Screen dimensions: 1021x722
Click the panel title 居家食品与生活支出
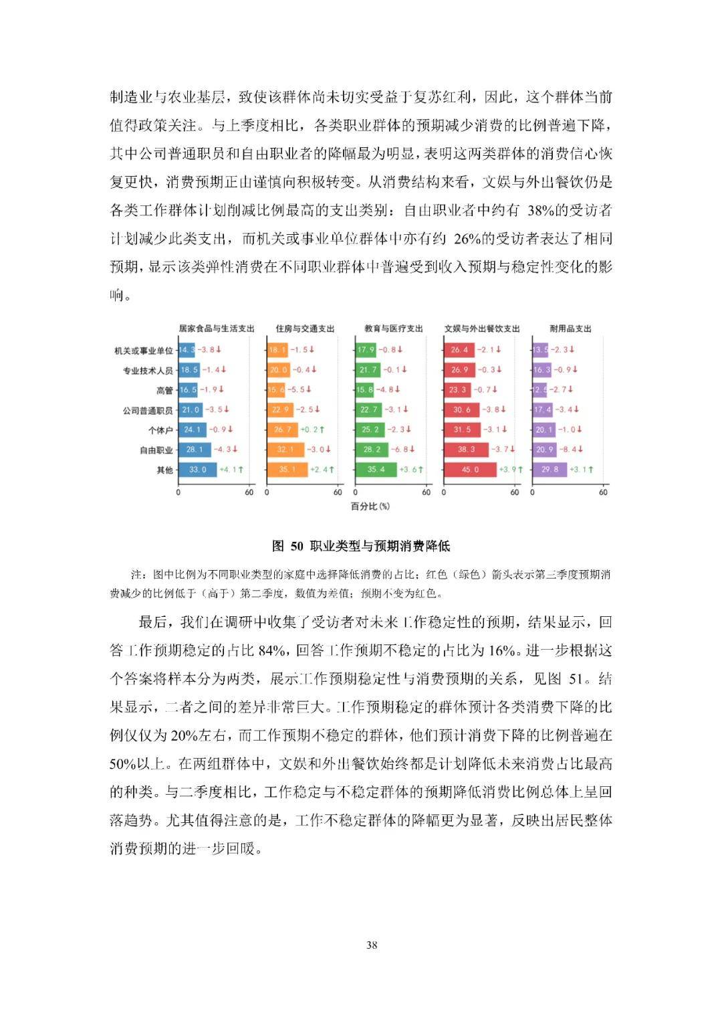click(x=216, y=329)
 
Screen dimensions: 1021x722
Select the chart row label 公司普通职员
click(x=147, y=410)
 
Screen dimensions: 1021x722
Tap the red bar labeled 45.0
click(x=470, y=470)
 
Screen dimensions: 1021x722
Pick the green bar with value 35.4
click(x=376, y=470)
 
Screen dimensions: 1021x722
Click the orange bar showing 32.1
click(x=285, y=450)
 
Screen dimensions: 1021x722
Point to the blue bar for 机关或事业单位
click(x=187, y=349)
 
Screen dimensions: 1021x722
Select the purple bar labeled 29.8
click(x=550, y=470)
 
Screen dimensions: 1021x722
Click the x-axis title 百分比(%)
click(x=370, y=506)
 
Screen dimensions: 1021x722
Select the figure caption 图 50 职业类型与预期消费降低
click(x=361, y=546)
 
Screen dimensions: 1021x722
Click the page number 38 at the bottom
click(x=372, y=945)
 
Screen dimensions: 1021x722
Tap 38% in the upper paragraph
click(x=540, y=211)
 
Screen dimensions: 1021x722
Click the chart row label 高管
click(x=164, y=390)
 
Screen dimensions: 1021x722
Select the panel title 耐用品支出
click(x=570, y=329)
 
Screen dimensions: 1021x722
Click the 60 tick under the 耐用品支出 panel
click(x=603, y=492)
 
